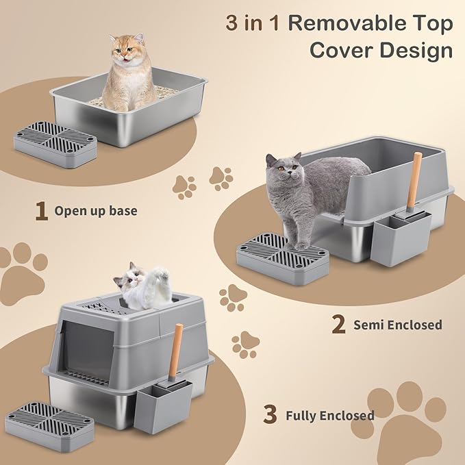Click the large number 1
pos(42,211)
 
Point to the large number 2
pos(338,325)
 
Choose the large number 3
pos(271,415)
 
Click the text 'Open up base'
pos(96,211)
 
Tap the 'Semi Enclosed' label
pos(397,325)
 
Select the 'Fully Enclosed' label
pos(330,415)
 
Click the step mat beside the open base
pos(55,141)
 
